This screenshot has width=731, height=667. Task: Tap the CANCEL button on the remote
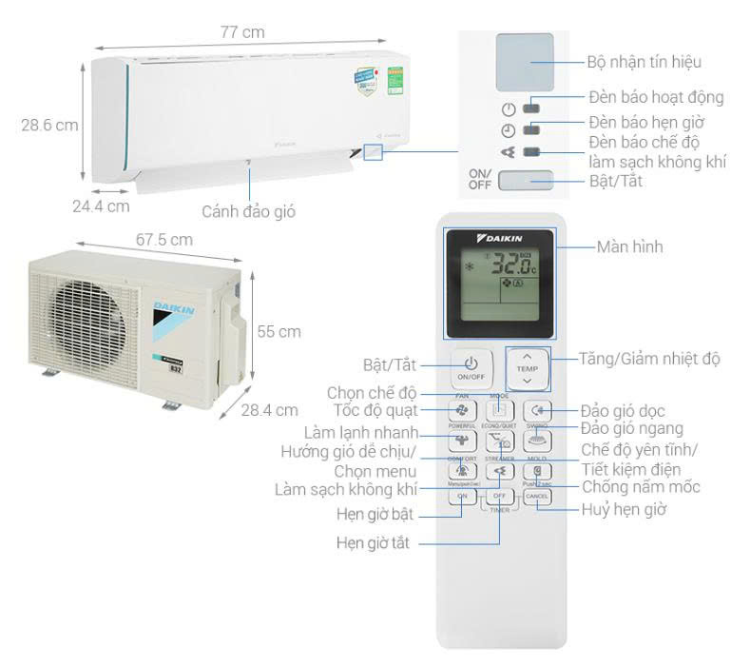(x=536, y=496)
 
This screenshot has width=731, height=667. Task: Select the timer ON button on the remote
(x=463, y=496)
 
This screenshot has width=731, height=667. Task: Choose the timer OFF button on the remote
(x=500, y=496)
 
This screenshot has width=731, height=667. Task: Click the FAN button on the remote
(x=463, y=410)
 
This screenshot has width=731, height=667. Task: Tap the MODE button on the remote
(x=500, y=410)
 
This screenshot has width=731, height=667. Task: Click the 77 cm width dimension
(x=242, y=32)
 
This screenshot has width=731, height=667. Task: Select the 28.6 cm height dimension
(x=49, y=125)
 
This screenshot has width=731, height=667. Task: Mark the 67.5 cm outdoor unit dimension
(x=164, y=240)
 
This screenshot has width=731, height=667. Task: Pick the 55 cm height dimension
(x=279, y=332)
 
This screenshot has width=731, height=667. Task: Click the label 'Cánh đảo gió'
(x=248, y=211)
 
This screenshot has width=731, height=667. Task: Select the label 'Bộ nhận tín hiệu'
(x=643, y=62)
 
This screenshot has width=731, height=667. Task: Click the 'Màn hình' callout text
(x=629, y=247)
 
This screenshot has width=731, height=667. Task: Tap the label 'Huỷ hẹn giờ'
(x=624, y=509)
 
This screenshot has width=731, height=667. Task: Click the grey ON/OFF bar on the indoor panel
(x=525, y=179)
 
